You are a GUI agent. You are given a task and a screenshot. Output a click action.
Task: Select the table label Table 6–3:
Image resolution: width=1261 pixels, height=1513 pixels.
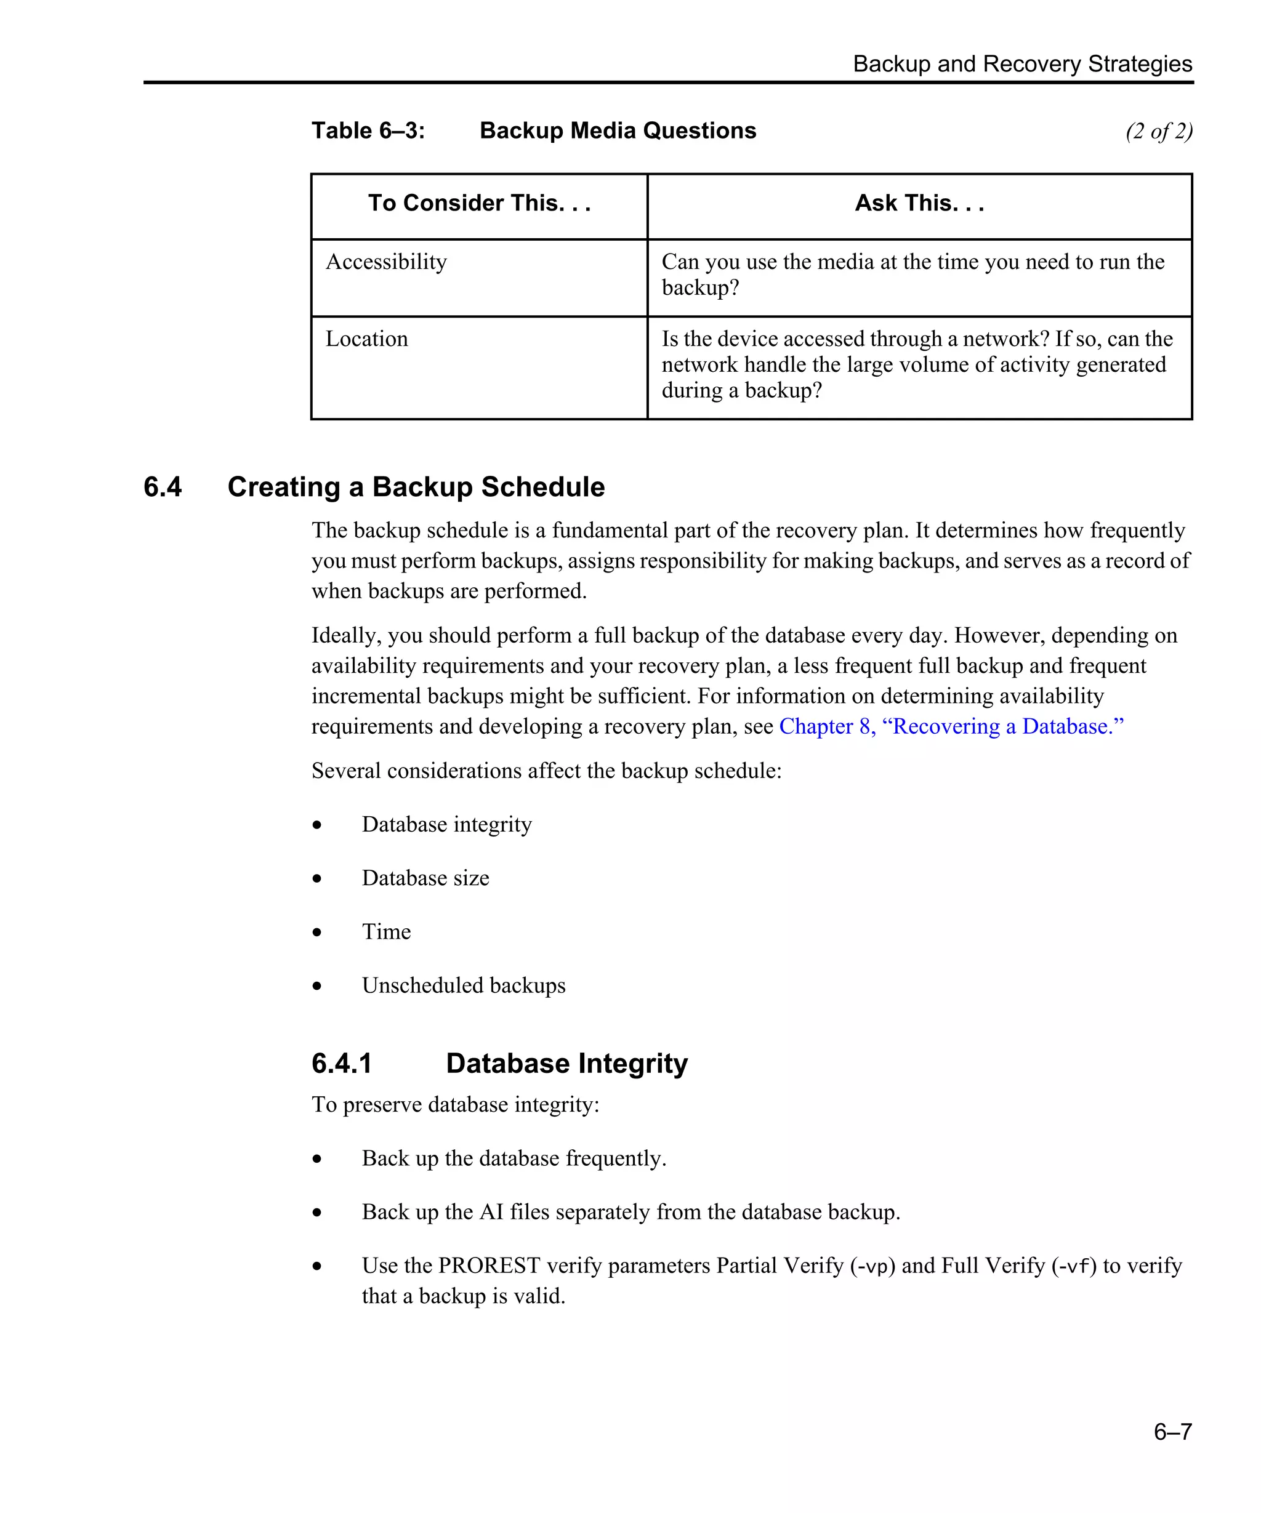(368, 130)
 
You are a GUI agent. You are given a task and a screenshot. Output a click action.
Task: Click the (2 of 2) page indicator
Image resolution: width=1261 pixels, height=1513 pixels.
(1159, 131)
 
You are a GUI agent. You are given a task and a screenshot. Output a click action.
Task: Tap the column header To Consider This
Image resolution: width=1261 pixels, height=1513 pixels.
(479, 203)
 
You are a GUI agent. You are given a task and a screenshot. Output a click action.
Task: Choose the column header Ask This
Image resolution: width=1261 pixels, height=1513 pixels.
(919, 203)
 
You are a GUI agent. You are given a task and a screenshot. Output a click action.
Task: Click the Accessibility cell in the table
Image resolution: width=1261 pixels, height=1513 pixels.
(386, 262)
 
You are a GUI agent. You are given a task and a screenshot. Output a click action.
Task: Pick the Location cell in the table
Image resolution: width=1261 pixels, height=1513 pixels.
(367, 339)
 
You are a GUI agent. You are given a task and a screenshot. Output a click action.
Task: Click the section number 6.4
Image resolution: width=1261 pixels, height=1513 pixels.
(163, 487)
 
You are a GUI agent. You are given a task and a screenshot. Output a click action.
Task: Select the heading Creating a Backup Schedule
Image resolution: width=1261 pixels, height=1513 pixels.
(416, 487)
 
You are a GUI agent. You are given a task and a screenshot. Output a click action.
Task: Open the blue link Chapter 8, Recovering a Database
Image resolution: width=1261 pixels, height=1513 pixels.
(951, 726)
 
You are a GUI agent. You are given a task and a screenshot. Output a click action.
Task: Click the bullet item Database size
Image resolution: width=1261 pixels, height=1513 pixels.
(425, 878)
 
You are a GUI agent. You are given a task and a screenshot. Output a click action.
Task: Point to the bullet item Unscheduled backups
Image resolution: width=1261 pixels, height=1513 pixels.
(463, 985)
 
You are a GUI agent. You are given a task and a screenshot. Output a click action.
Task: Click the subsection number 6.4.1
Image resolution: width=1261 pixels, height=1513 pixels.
(342, 1064)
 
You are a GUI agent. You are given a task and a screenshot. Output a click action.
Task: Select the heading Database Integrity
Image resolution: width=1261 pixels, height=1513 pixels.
(566, 1064)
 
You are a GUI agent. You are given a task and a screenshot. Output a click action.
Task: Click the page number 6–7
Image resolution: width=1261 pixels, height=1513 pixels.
(1172, 1431)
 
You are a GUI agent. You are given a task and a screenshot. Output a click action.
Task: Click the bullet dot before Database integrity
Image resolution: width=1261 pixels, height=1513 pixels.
(317, 825)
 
